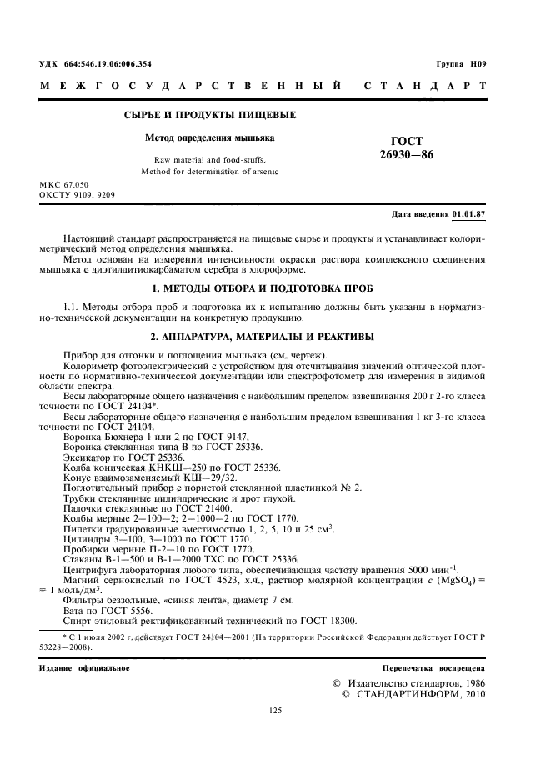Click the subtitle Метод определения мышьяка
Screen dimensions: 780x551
point(210,137)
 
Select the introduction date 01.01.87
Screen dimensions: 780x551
point(469,214)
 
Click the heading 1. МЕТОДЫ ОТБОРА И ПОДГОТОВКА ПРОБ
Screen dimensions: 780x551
point(275,287)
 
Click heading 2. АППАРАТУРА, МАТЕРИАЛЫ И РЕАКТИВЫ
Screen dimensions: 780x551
point(275,337)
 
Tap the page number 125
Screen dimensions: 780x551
point(276,710)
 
